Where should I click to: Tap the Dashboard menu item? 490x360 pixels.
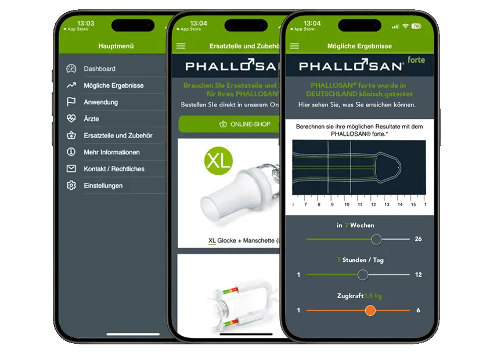click(99, 69)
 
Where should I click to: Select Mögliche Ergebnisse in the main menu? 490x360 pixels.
click(113, 85)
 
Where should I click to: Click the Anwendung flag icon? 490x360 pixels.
click(71, 102)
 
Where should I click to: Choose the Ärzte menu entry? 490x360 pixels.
click(91, 118)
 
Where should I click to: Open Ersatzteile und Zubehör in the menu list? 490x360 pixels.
click(118, 135)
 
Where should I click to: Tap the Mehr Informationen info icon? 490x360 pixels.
click(71, 152)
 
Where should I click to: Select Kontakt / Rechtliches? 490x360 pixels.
click(114, 169)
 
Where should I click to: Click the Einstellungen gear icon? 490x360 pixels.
click(71, 186)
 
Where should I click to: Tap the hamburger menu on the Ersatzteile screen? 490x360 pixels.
click(181, 46)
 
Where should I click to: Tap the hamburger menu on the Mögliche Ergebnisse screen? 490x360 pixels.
click(294, 46)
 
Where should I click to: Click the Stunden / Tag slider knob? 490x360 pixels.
click(363, 275)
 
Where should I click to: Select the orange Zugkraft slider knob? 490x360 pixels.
click(370, 311)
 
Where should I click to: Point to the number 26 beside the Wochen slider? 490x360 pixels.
click(418, 239)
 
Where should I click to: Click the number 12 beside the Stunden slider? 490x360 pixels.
click(418, 275)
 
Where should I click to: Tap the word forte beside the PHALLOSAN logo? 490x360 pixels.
click(416, 60)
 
